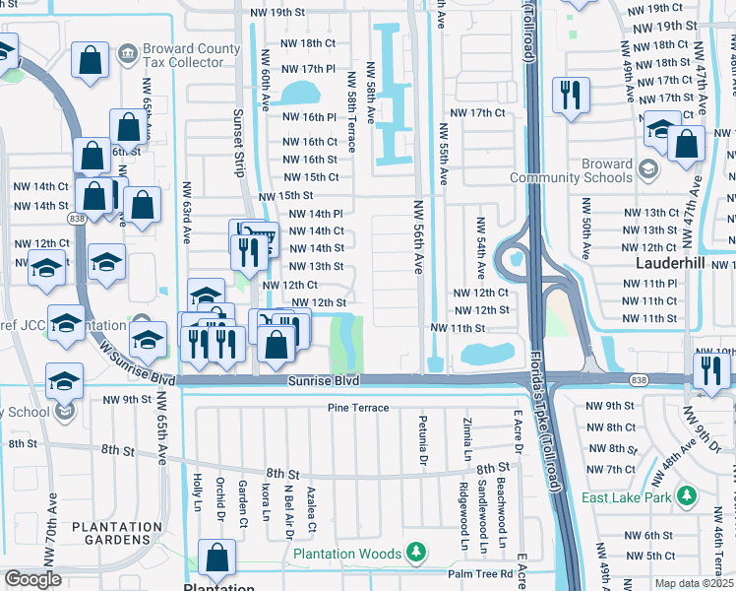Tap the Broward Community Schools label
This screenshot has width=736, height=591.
point(571,170)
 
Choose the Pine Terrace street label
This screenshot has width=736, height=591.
point(358,408)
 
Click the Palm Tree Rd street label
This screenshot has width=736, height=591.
point(480,573)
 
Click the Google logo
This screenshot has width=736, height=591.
point(31,580)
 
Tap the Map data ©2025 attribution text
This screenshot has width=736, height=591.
point(694,583)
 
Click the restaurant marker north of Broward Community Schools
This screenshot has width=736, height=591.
point(570,95)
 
